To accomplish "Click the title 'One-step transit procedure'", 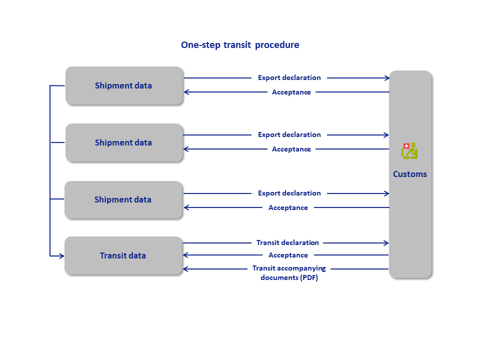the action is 240,45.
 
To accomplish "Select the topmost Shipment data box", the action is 124,85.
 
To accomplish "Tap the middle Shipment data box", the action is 124,142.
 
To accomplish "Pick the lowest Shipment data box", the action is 123,199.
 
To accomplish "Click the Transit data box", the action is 123,255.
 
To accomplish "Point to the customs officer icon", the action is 409,150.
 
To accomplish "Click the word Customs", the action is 409,174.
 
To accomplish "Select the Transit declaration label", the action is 287,243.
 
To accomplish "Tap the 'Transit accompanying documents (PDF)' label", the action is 289,273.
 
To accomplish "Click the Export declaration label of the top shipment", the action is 289,78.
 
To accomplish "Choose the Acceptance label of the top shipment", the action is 291,92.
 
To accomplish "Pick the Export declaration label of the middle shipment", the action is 289,134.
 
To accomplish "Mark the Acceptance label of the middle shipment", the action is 291,149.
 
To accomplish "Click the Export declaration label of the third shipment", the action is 289,193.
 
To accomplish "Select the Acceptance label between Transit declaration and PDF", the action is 288,255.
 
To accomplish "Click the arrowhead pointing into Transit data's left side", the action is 61,256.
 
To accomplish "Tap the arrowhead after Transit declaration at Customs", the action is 386,243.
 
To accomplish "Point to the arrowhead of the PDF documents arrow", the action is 185,269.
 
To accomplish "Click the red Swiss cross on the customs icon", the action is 406,146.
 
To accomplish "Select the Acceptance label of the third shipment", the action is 288,207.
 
